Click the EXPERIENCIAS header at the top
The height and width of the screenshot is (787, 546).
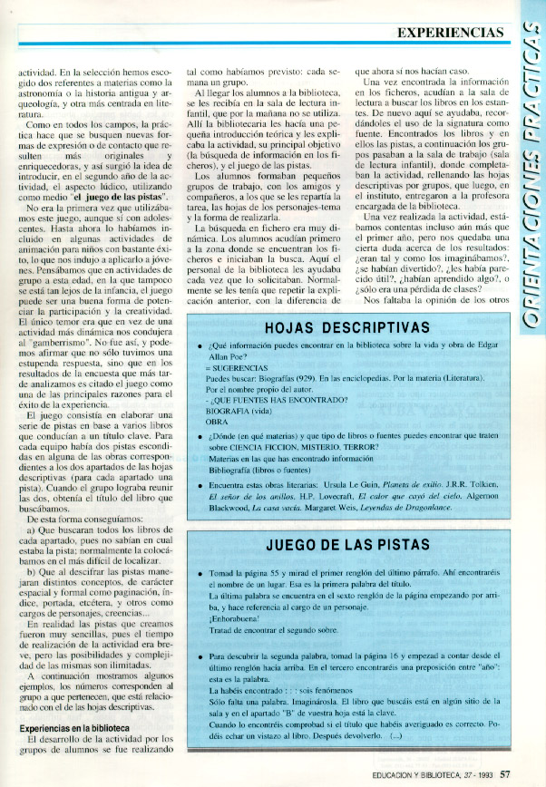449,33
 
